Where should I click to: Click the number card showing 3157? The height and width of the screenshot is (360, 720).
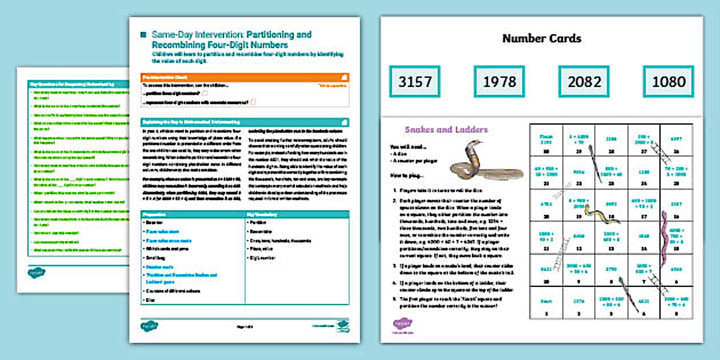(x=415, y=82)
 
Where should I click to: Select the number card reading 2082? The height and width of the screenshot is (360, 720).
(x=584, y=82)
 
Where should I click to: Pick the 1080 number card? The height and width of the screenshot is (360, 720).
(x=668, y=82)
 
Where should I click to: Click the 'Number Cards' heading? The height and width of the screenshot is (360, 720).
(x=541, y=39)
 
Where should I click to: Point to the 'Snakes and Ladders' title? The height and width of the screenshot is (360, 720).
(x=446, y=130)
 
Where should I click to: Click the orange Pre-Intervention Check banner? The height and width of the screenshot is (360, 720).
(x=245, y=77)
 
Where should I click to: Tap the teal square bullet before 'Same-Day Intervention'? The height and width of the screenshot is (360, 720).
(x=143, y=35)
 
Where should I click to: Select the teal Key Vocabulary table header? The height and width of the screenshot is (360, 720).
(x=297, y=214)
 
